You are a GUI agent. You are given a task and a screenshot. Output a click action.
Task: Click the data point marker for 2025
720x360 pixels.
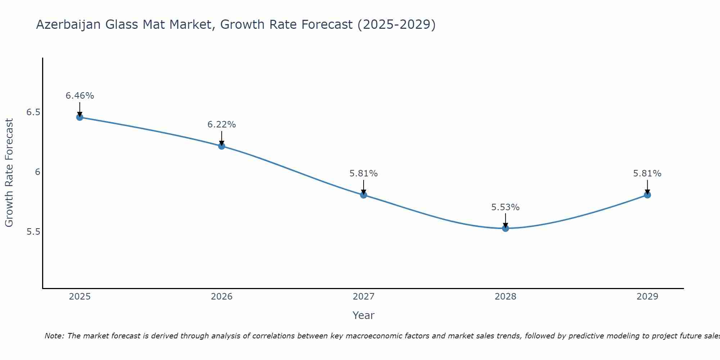click(x=80, y=117)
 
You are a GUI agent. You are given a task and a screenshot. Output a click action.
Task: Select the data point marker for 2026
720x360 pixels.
click(x=221, y=146)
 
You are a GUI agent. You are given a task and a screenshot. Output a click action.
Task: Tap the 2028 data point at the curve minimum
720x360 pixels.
click(x=505, y=228)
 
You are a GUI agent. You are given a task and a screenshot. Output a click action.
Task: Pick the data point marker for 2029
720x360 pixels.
click(x=647, y=195)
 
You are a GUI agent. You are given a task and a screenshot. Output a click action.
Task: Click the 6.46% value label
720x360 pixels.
click(x=80, y=96)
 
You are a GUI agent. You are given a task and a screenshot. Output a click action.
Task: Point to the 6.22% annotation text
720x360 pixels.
click(x=221, y=125)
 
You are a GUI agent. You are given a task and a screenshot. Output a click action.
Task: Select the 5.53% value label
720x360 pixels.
click(x=505, y=207)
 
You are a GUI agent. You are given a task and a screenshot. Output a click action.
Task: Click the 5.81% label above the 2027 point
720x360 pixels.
click(x=364, y=174)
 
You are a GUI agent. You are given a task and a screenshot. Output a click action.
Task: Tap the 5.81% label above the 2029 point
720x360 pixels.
click(x=647, y=174)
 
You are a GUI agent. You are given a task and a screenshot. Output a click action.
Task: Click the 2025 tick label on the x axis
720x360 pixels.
click(x=80, y=297)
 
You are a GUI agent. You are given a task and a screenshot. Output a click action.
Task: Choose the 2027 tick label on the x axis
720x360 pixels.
click(x=364, y=297)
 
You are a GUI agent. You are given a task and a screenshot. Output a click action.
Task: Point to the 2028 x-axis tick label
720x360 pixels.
click(x=505, y=297)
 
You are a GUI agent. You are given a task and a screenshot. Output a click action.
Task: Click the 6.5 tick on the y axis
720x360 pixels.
click(x=33, y=112)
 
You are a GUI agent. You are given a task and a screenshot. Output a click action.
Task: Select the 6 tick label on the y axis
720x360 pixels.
click(x=37, y=172)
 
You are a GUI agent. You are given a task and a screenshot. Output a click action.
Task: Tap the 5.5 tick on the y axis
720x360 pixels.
click(x=33, y=232)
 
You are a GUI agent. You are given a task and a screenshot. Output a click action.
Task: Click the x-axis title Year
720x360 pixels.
click(x=364, y=315)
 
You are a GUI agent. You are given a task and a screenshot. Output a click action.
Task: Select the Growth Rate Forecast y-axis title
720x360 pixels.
click(x=9, y=173)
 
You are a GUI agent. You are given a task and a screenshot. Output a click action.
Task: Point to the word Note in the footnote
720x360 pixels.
click(x=54, y=336)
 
